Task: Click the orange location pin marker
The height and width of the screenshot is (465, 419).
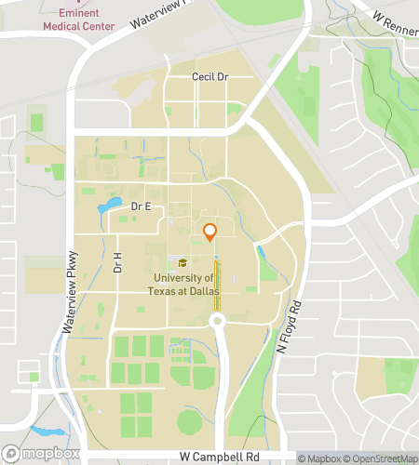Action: pos(209,232)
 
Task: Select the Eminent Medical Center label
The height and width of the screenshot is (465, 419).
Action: pos(78,20)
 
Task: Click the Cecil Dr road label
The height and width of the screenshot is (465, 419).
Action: pos(209,77)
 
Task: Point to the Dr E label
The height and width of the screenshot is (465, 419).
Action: pos(141,206)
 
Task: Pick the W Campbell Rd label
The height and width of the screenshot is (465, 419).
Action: pos(219,457)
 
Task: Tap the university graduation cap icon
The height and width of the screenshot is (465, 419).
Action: pos(182,263)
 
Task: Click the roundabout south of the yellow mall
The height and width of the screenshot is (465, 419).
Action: pos(219,321)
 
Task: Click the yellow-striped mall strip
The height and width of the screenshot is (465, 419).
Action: pos(217,286)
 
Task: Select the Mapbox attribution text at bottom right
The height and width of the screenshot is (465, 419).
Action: pos(320,458)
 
